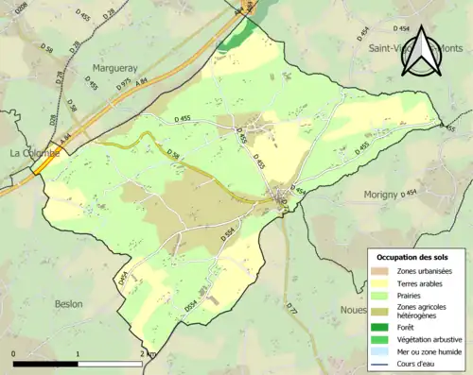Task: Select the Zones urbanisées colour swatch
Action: pyautogui.click(x=381, y=272)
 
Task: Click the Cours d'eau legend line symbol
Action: pyautogui.click(x=381, y=363)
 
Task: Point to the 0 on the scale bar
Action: pyautogui.click(x=14, y=353)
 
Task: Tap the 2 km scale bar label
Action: pyautogui.click(x=147, y=353)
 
